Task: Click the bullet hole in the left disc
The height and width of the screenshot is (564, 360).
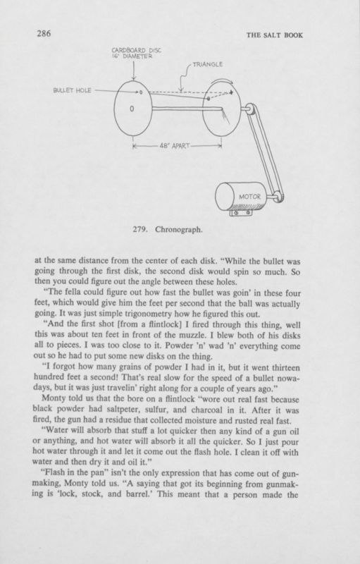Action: click(138, 92)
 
